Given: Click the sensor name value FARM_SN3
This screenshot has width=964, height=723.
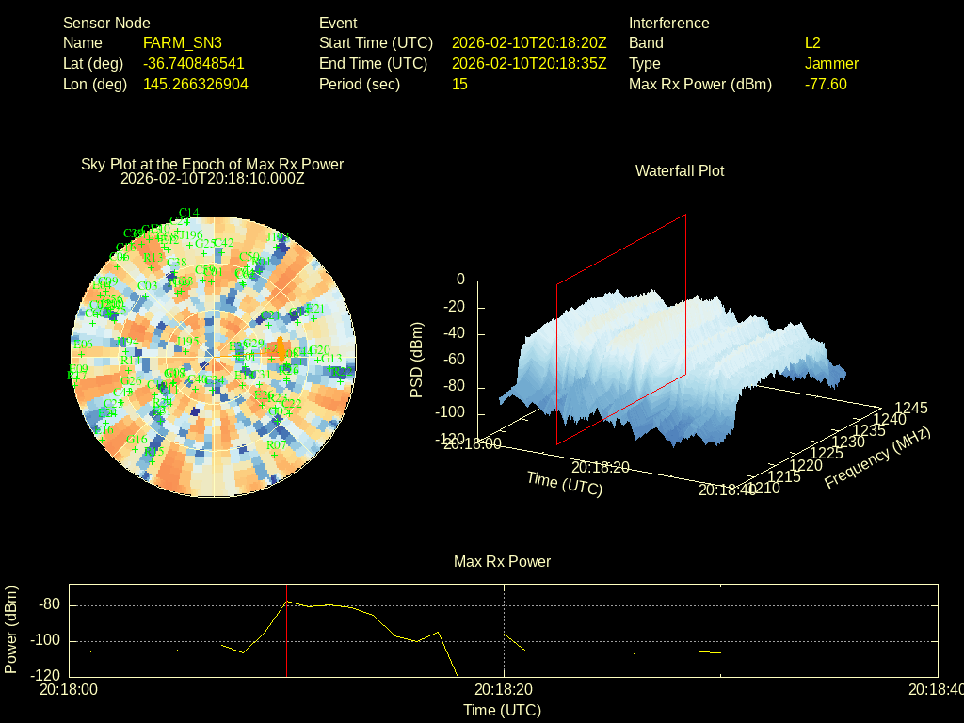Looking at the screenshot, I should [x=182, y=43].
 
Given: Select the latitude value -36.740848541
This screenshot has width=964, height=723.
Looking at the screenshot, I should [x=193, y=64].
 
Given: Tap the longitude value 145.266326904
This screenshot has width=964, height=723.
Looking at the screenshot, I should [x=195, y=85].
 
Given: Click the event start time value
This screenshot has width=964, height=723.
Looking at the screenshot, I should [x=529, y=43].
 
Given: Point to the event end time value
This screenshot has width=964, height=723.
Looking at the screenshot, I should [x=529, y=64].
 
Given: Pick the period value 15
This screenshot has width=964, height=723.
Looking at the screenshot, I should [x=459, y=85].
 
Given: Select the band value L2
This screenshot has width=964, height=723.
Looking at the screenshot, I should [x=812, y=43].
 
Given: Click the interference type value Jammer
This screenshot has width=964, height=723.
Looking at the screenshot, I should [x=831, y=64].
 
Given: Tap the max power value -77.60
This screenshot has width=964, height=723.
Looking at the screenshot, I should [x=826, y=85].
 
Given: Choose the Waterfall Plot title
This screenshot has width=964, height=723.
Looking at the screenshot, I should [x=680, y=171].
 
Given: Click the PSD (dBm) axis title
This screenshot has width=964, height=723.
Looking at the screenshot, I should [x=417, y=360].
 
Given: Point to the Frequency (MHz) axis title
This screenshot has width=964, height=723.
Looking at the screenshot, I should [x=877, y=458].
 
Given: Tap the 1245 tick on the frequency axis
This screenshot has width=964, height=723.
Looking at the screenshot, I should [x=910, y=408].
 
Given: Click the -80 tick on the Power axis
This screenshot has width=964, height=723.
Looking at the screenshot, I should [x=49, y=604].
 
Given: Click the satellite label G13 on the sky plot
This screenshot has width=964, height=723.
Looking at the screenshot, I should [x=331, y=359].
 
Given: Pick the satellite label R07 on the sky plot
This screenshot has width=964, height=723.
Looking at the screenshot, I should [x=277, y=444].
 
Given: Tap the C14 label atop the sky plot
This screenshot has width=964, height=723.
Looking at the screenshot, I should [x=188, y=212].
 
